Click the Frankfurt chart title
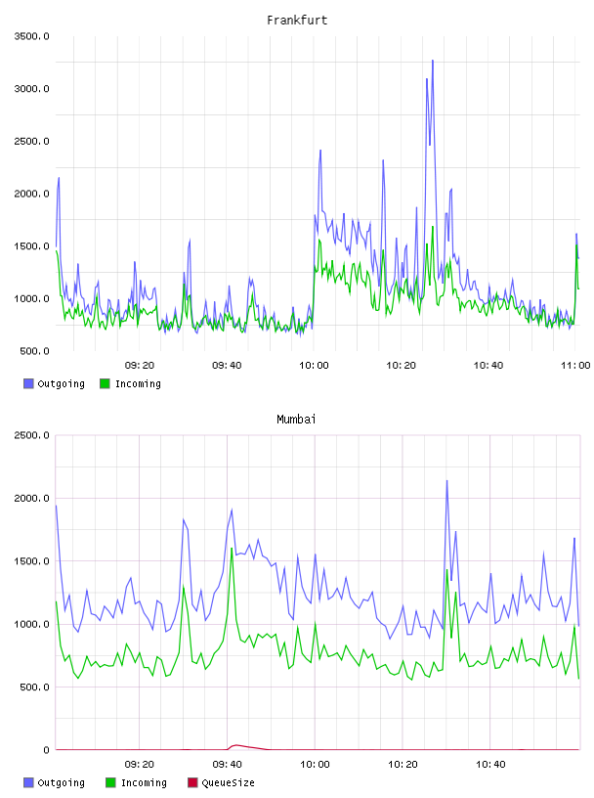tap(297, 21)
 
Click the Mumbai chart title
tap(296, 420)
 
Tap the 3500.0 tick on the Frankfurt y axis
tap(31, 36)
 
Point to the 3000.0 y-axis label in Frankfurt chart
tap(31, 89)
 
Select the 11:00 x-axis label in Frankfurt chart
tap(575, 366)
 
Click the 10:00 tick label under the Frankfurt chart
tap(314, 366)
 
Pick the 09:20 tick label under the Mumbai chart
tap(140, 765)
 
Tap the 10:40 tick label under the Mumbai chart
tap(490, 765)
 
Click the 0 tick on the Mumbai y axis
tap(46, 750)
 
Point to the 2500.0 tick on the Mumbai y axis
tap(31, 435)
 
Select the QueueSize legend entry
tap(221, 782)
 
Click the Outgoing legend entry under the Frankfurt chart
tap(55, 383)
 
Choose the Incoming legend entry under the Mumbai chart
tap(137, 782)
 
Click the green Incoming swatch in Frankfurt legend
tap(105, 383)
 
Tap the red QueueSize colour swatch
tap(192, 782)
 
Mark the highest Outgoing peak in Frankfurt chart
tap(433, 61)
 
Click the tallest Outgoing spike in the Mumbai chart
tap(447, 481)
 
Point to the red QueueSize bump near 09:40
tap(234, 745)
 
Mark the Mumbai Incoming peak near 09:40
tap(232, 549)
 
